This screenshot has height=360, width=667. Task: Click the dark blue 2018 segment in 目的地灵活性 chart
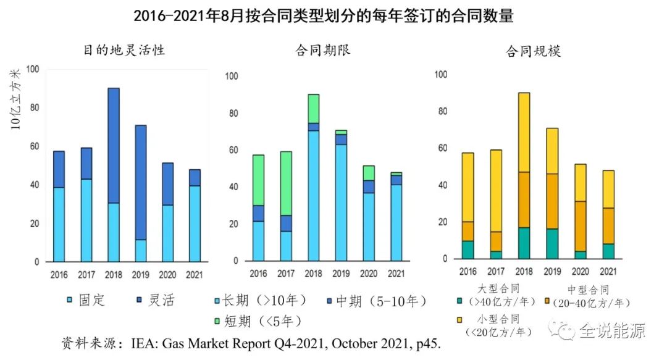(x=114, y=145)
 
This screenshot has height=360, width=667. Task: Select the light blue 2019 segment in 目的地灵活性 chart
(x=141, y=250)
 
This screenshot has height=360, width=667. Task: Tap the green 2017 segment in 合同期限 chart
(x=286, y=183)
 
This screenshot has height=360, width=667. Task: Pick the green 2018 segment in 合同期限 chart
(x=314, y=108)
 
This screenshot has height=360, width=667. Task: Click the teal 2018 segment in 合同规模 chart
(x=524, y=243)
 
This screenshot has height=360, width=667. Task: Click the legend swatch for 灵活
(x=140, y=301)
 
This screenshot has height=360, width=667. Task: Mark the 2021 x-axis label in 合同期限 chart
(x=396, y=274)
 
